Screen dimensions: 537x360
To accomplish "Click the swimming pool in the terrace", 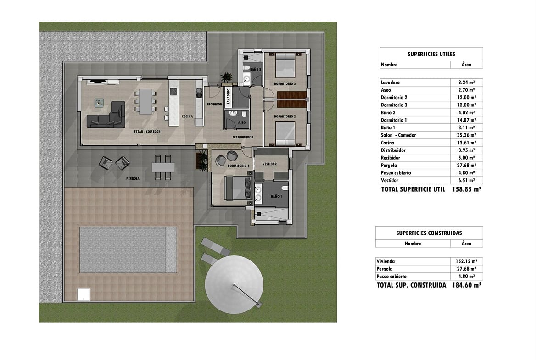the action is (x=128, y=250).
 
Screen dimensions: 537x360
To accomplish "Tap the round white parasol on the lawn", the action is (x=234, y=285).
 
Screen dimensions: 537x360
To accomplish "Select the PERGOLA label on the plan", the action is (x=133, y=179).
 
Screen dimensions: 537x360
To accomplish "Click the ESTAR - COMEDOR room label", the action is (x=147, y=132).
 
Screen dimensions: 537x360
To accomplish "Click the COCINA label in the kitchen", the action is (x=187, y=116).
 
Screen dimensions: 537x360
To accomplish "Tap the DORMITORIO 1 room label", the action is (x=238, y=166).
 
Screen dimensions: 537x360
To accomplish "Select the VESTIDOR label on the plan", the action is (x=269, y=164).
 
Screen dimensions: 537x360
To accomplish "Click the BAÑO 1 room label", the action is (x=276, y=196).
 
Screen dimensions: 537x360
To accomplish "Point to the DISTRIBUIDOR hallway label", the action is (x=243, y=137).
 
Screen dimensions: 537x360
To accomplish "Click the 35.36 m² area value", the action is (x=466, y=135).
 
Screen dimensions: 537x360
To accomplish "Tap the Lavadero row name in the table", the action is (x=390, y=83).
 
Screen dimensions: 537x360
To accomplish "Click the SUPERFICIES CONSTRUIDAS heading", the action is (x=429, y=233).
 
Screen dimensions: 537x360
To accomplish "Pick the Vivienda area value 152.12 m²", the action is (x=466, y=261).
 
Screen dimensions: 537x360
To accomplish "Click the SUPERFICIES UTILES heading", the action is (x=431, y=54).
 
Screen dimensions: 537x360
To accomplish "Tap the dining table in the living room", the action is (x=145, y=101).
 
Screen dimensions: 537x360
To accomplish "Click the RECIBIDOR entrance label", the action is (x=214, y=105).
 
